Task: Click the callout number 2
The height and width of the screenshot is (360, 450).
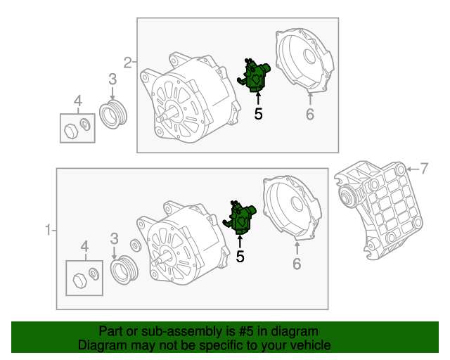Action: [x=128, y=63]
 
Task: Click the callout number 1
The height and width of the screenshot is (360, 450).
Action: [x=48, y=230]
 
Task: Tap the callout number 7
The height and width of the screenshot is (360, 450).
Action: [x=424, y=169]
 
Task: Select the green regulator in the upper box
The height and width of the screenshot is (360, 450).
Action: [x=254, y=75]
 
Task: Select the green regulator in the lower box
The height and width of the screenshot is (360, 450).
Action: [x=240, y=217]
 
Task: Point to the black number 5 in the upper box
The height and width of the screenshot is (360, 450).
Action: [x=258, y=114]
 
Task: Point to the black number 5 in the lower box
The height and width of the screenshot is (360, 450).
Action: [x=240, y=257]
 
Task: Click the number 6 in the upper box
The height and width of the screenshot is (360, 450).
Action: [x=310, y=115]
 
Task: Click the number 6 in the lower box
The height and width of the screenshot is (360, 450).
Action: [x=297, y=264]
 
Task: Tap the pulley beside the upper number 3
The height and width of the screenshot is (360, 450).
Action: [x=113, y=115]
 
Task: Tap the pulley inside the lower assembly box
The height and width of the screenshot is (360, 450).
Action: [x=124, y=270]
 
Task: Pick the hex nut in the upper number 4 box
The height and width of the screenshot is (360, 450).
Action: [x=71, y=131]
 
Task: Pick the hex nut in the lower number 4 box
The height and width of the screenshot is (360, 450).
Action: [x=79, y=281]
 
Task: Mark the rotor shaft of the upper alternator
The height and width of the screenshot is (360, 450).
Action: [x=167, y=115]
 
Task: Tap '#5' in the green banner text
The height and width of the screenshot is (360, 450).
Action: [x=246, y=331]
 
